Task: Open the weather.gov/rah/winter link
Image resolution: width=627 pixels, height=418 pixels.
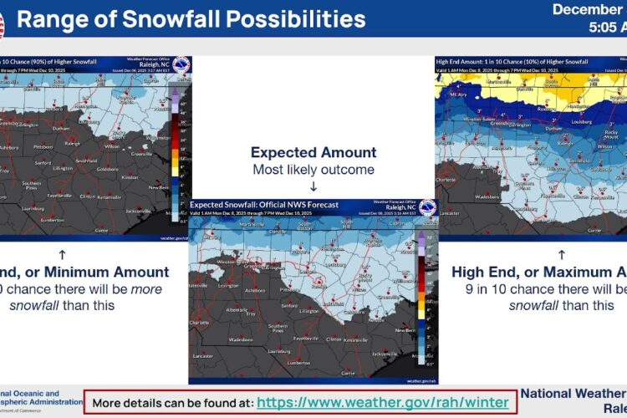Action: pos(382,402)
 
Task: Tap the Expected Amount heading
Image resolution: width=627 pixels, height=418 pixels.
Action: pos(313,153)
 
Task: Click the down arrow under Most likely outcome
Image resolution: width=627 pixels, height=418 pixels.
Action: pos(313,186)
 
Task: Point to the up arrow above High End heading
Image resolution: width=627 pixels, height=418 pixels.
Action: pos(561,253)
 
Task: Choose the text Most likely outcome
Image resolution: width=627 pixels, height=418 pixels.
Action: pos(313,170)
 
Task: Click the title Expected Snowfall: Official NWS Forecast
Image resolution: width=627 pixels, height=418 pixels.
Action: pos(263,204)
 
